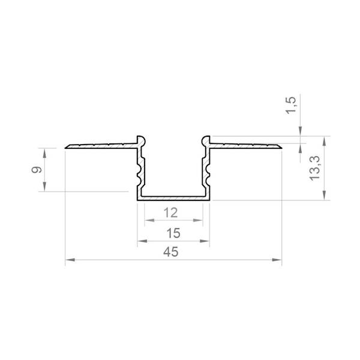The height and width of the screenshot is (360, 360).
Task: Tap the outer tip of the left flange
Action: pos(66,146)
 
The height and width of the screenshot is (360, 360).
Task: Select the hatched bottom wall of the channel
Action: pos(174,197)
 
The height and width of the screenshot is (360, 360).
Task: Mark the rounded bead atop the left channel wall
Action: pos(141,140)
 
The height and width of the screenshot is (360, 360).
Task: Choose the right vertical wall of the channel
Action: pos(208,171)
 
